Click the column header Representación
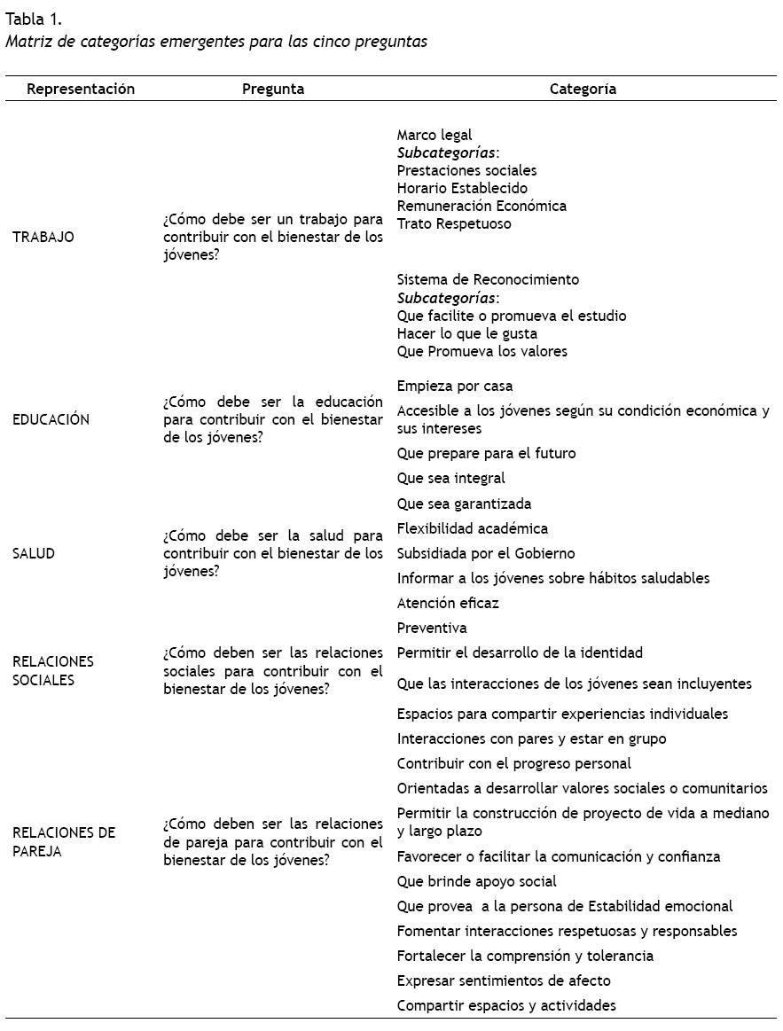(81, 89)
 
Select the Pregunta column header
(273, 89)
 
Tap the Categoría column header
(583, 89)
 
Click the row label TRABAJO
(43, 237)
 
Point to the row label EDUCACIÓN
(51, 419)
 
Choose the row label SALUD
(34, 553)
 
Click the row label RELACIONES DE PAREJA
(64, 842)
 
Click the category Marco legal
(435, 135)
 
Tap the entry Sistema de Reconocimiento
(488, 279)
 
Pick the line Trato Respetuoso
(454, 223)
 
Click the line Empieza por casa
(455, 386)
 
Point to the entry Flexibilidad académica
(473, 528)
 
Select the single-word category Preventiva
(432, 628)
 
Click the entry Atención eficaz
(448, 603)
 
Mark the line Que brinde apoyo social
(477, 881)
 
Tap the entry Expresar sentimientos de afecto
(504, 980)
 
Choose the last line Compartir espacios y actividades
(506, 1005)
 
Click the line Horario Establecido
(462, 188)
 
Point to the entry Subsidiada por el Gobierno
(486, 553)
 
